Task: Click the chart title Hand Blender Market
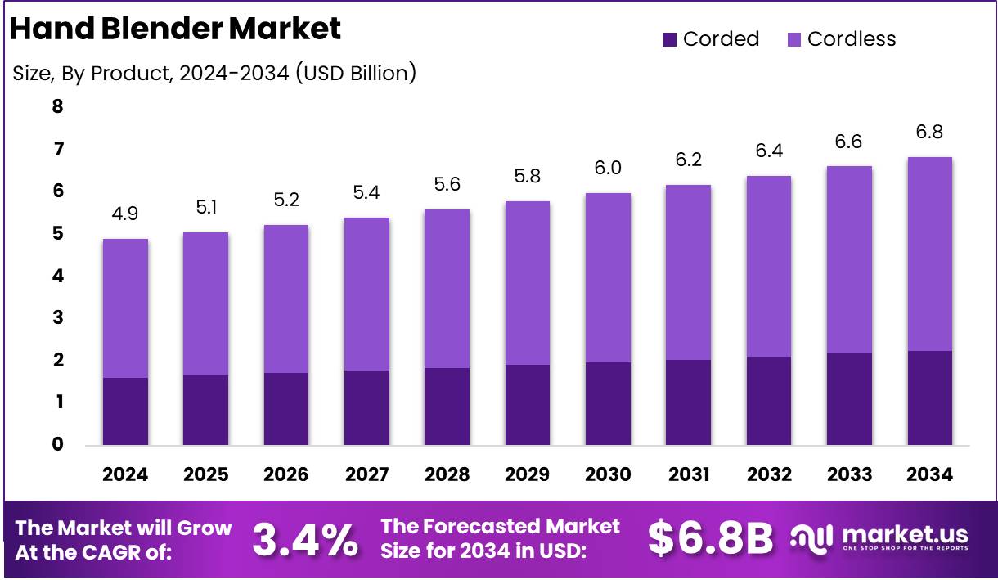[x=175, y=29]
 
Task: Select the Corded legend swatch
[x=669, y=39]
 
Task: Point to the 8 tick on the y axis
[x=57, y=106]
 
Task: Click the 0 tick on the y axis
[x=57, y=444]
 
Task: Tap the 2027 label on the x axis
[x=366, y=474]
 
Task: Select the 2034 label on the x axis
[x=929, y=474]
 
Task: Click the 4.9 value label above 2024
[x=125, y=214]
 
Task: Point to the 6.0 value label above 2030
[x=608, y=168]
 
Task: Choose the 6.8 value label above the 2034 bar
[x=929, y=132]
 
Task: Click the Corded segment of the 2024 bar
[x=125, y=411]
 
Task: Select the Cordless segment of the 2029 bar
[x=528, y=282]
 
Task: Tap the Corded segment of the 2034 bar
[x=929, y=398]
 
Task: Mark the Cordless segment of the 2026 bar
[x=286, y=299]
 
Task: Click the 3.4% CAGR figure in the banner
[x=304, y=539]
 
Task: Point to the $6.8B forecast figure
[x=709, y=538]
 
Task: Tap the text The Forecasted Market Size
[x=501, y=538]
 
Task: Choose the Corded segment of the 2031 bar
[x=688, y=402]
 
